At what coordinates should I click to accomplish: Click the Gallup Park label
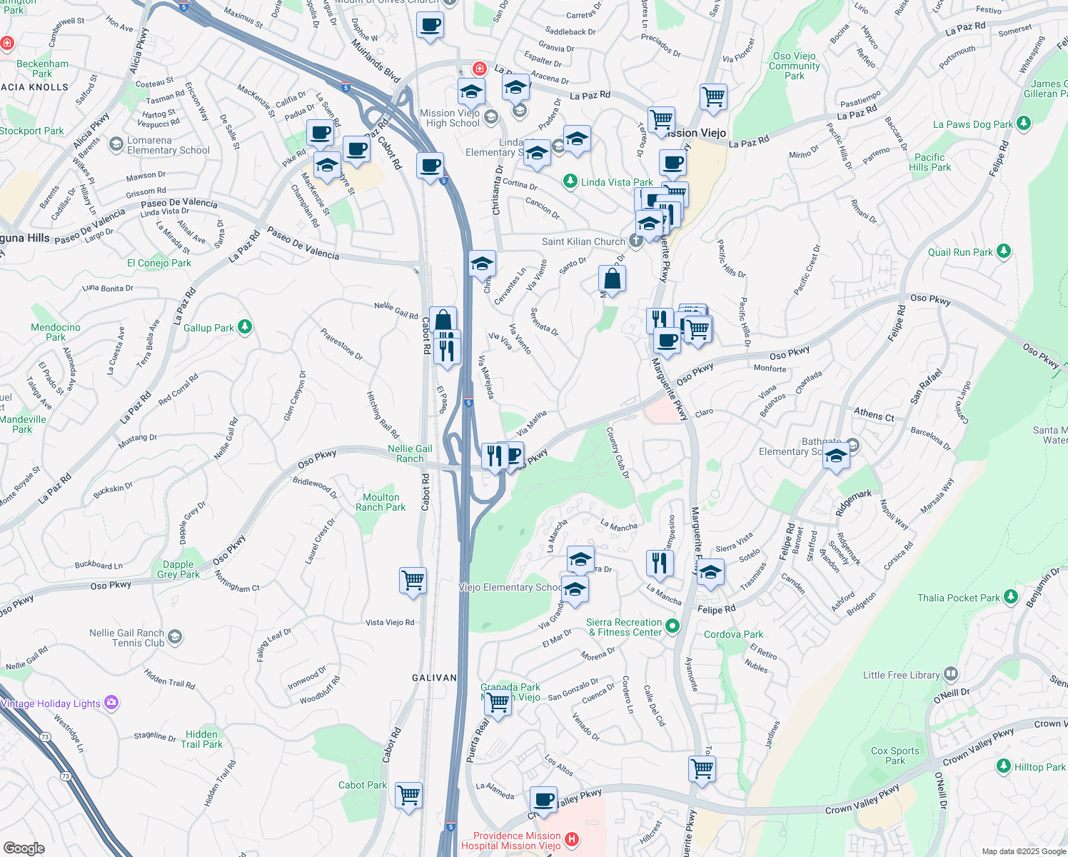(x=208, y=328)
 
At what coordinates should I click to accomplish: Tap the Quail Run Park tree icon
(x=1004, y=251)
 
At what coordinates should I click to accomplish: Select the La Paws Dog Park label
(x=972, y=124)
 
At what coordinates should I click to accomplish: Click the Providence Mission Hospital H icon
(x=571, y=840)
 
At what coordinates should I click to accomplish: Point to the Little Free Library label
(x=901, y=675)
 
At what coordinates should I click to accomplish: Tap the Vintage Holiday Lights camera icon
(x=111, y=703)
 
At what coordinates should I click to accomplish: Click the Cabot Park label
(x=363, y=785)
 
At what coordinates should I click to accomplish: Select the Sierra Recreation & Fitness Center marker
(x=672, y=627)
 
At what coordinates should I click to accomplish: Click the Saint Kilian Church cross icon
(x=635, y=241)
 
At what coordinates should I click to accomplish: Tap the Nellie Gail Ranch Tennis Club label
(x=126, y=638)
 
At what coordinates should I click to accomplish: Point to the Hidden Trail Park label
(x=201, y=739)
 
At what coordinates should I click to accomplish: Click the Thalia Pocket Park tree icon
(x=1010, y=597)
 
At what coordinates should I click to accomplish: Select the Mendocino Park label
(x=56, y=332)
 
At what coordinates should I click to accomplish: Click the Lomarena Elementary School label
(x=168, y=146)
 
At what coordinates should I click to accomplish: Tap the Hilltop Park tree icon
(x=1004, y=766)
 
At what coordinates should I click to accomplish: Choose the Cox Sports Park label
(x=895, y=756)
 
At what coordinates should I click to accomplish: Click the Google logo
(x=24, y=848)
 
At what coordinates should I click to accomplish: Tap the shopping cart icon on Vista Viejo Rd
(x=413, y=580)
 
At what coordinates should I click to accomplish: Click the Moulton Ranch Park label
(x=381, y=502)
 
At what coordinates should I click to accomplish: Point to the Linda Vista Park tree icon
(x=570, y=181)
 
